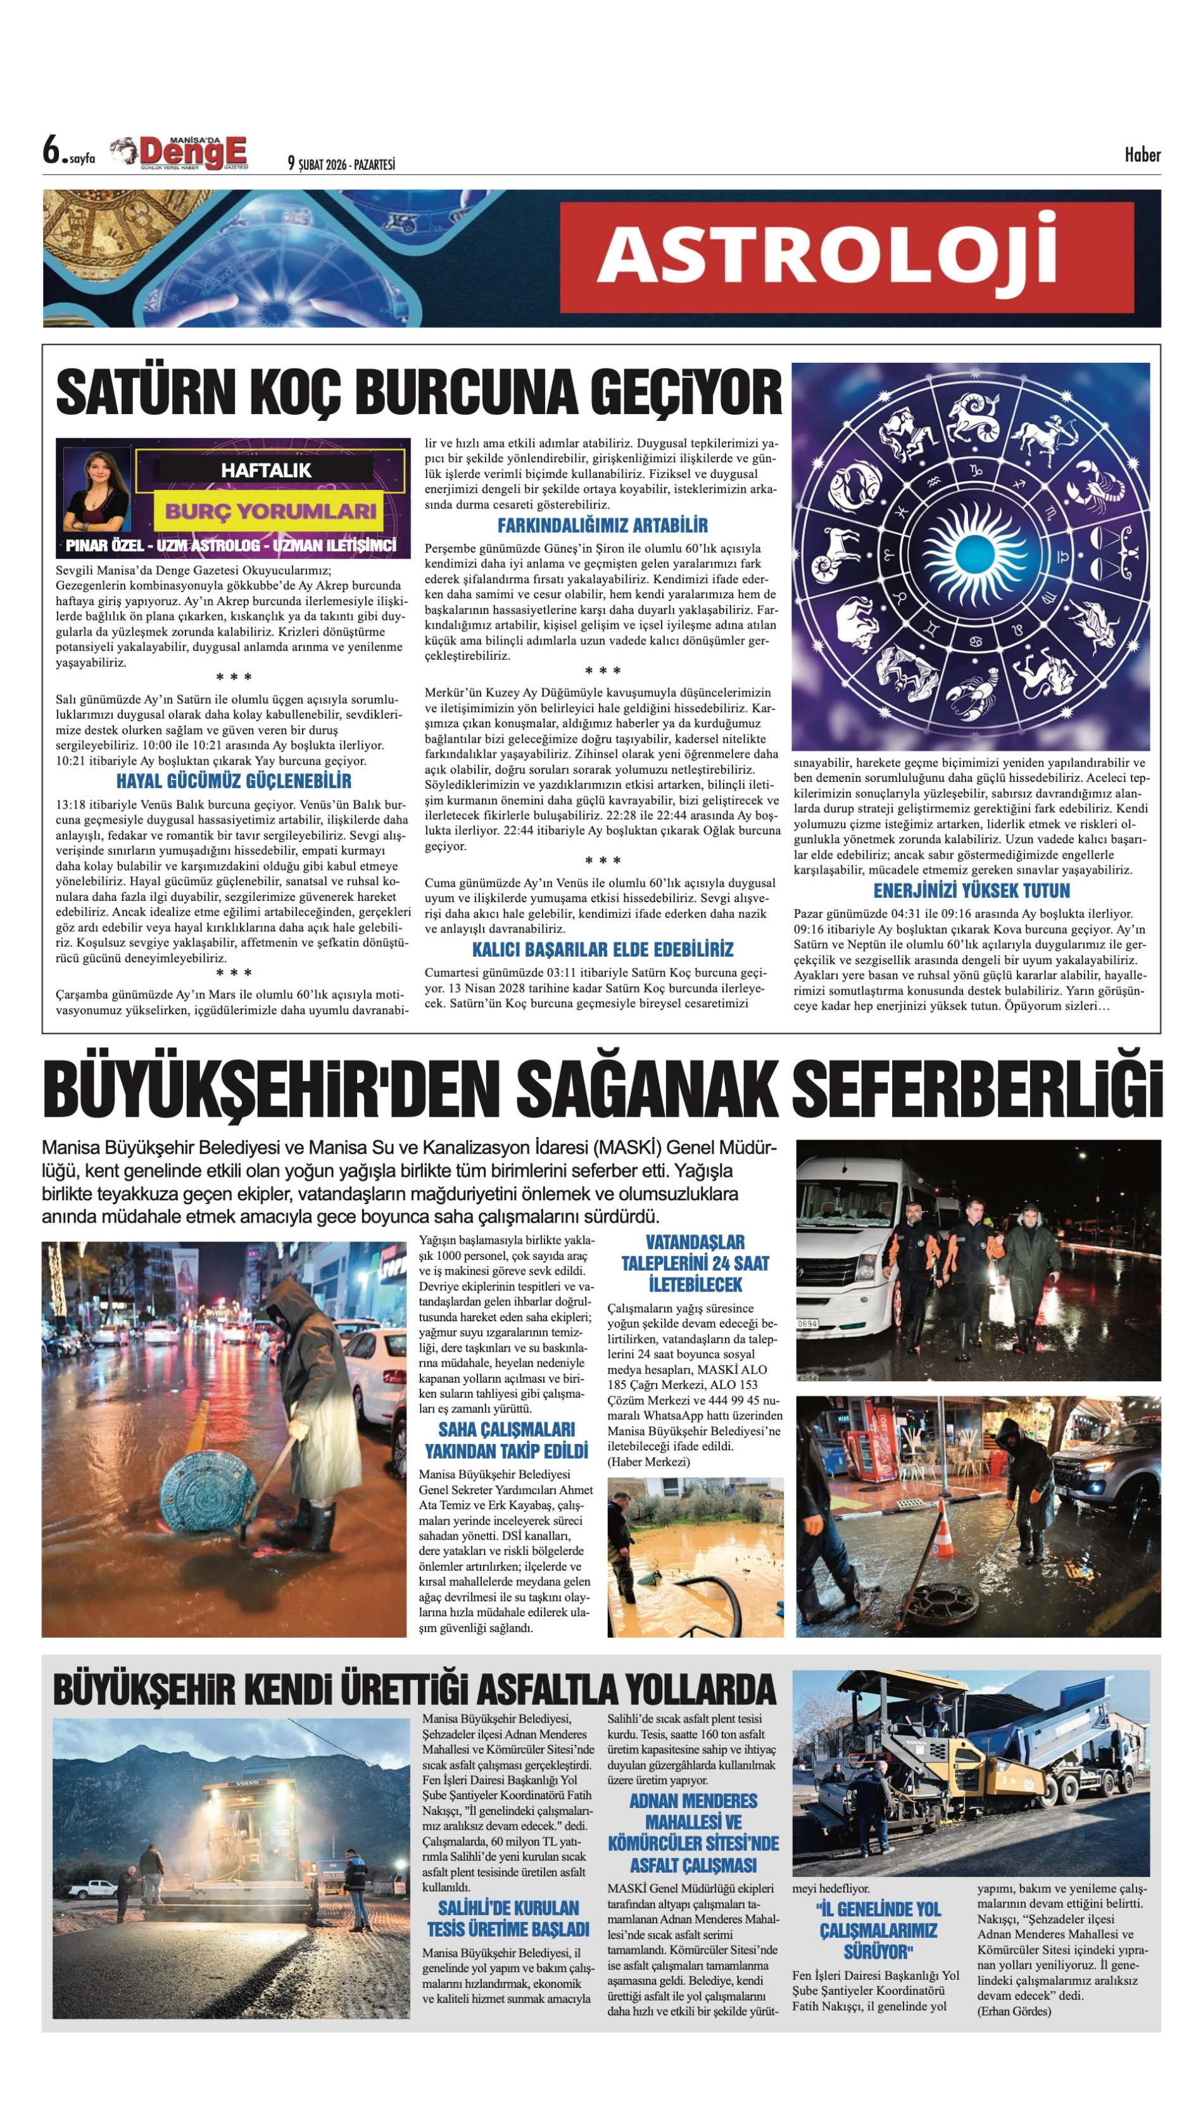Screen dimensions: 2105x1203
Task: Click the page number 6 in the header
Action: point(54,151)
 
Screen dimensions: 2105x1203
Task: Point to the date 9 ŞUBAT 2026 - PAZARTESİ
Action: point(341,163)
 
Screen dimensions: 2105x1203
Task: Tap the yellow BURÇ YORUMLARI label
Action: point(270,510)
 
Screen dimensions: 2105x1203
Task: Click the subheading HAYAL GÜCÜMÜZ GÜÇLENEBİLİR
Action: point(234,781)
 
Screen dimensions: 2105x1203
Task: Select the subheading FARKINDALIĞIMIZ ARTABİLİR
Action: point(602,525)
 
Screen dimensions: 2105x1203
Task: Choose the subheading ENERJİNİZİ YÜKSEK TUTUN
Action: point(972,891)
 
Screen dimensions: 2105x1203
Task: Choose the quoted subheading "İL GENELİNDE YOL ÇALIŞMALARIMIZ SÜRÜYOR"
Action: point(878,1930)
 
